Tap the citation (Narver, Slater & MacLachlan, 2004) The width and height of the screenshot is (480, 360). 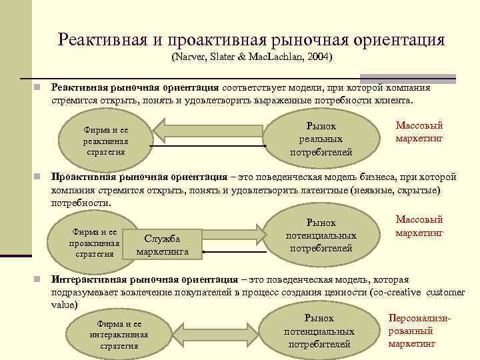pos(251,57)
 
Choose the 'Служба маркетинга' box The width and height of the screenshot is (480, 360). pos(163,245)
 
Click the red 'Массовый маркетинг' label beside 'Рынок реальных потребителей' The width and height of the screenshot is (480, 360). pos(419,132)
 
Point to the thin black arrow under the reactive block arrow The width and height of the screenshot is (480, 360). pos(207,145)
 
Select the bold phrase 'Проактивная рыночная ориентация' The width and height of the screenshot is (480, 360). pos(139,177)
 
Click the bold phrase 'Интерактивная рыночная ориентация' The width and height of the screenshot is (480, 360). pos(145,280)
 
